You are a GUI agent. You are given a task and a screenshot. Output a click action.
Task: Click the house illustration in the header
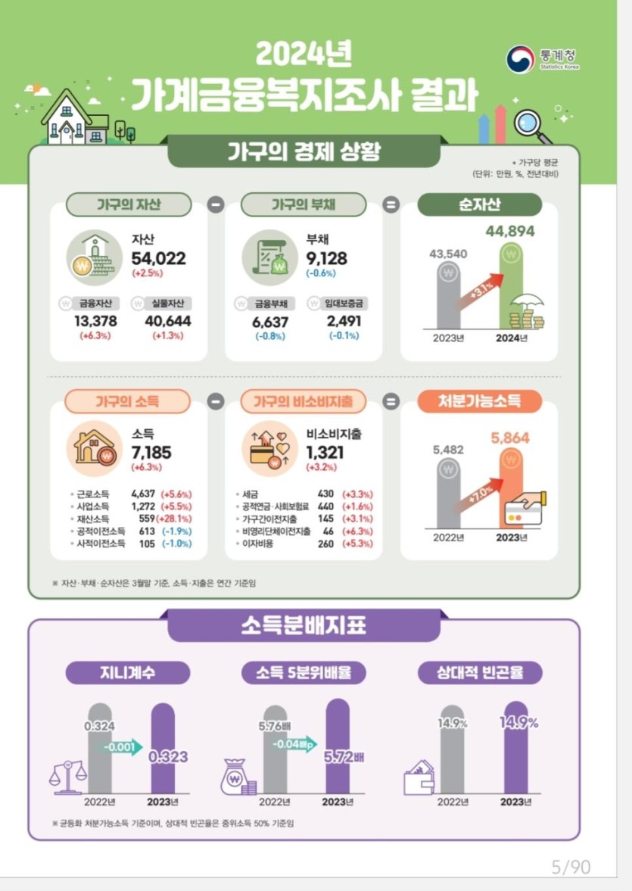pyautogui.click(x=73, y=119)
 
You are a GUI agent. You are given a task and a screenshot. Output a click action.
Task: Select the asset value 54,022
pyautogui.click(x=158, y=258)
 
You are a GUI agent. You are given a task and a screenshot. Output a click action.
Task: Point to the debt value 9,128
pyautogui.click(x=327, y=258)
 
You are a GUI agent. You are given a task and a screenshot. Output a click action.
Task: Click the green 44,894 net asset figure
pyautogui.click(x=515, y=231)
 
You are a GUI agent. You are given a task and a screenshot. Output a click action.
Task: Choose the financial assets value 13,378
pyautogui.click(x=95, y=322)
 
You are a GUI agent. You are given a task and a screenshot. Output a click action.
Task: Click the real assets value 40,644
pyautogui.click(x=167, y=322)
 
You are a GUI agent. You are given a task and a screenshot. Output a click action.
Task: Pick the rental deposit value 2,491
pyautogui.click(x=344, y=322)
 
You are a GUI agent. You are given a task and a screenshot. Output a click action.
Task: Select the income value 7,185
pyautogui.click(x=151, y=453)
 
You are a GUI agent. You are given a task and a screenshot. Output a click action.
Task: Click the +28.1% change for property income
pyautogui.click(x=174, y=519)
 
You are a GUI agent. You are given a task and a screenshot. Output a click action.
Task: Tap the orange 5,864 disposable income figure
pyautogui.click(x=510, y=438)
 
